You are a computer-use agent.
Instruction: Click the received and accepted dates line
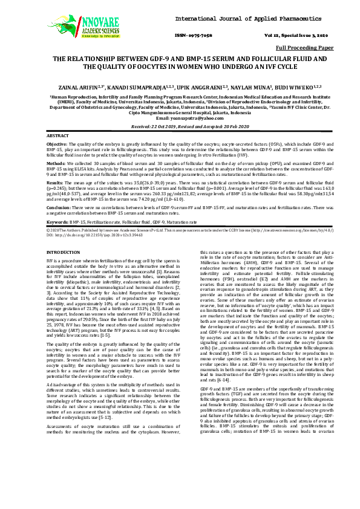click(180, 127)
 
